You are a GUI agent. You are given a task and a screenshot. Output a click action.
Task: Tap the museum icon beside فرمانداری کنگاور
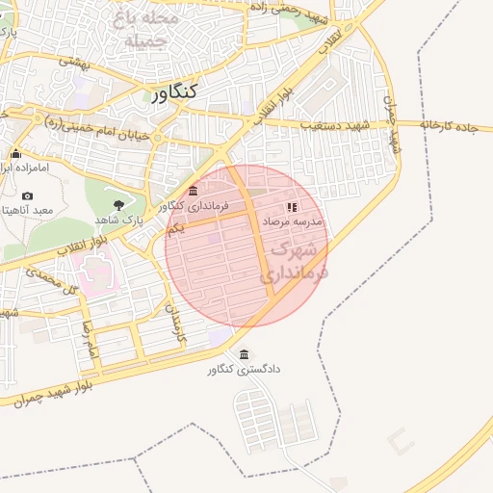[194, 191]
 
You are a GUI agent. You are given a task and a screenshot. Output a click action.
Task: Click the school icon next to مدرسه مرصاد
[292, 206]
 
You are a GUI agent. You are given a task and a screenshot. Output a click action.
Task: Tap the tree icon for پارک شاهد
[118, 204]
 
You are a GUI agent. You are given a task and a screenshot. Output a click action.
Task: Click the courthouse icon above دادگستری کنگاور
[244, 353]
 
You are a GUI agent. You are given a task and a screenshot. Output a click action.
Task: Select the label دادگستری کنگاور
[244, 369]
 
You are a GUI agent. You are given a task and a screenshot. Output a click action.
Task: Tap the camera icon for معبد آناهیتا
[26, 195]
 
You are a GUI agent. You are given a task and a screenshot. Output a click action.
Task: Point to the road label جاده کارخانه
[449, 125]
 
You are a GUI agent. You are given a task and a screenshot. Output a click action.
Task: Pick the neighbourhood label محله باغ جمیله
[144, 29]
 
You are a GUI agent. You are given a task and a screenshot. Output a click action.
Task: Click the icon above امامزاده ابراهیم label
[15, 153]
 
